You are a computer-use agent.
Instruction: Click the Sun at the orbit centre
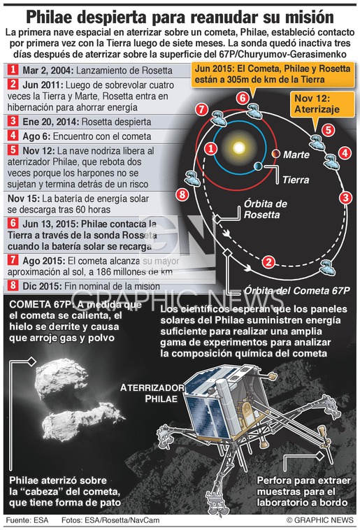pyautogui.click(x=239, y=148)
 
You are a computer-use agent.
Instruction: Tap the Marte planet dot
pyautogui.click(x=276, y=154)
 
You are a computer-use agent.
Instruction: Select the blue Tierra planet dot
pyautogui.click(x=258, y=166)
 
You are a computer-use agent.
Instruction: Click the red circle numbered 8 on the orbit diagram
pyautogui.click(x=182, y=194)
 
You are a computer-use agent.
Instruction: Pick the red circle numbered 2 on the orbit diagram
pyautogui.click(x=268, y=262)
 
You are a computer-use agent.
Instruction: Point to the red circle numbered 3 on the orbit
pyautogui.click(x=345, y=197)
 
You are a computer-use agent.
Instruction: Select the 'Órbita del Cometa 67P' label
pyautogui.click(x=297, y=290)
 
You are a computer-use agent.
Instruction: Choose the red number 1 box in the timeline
pyautogui.click(x=13, y=70)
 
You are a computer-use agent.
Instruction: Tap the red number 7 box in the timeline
pyautogui.click(x=13, y=260)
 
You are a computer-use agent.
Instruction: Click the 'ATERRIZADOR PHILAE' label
pyautogui.click(x=152, y=393)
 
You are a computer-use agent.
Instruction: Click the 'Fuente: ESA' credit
pyautogui.click(x=27, y=520)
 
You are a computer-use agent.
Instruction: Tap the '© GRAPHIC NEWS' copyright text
pyautogui.click(x=319, y=520)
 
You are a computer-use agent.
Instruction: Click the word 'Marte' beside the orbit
pyautogui.click(x=296, y=155)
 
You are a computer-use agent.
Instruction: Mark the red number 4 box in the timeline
pyautogui.click(x=13, y=136)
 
